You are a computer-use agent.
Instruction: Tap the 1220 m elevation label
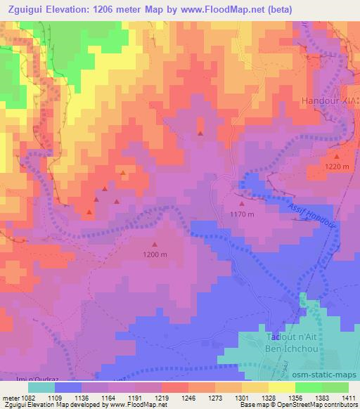click(x=337, y=166)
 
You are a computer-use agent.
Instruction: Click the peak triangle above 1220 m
click(x=337, y=156)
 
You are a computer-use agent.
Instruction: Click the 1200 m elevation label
click(x=155, y=254)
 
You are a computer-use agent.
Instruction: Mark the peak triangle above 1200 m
click(x=155, y=245)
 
